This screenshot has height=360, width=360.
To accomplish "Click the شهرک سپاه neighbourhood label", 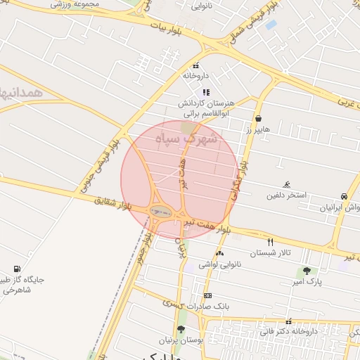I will (192, 139).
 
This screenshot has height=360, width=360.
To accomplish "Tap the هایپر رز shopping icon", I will (259, 119).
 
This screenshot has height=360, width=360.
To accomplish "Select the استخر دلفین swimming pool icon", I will (287, 184).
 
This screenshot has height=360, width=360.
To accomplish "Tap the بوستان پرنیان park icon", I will (181, 329).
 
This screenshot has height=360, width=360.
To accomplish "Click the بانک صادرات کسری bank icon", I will (207, 296).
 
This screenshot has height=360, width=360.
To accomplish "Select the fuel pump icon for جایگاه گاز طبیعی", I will (17, 269).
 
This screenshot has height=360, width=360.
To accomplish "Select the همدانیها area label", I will (21, 91).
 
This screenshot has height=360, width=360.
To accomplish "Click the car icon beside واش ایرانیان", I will (343, 197).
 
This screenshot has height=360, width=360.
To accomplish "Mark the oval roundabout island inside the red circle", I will (161, 210).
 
